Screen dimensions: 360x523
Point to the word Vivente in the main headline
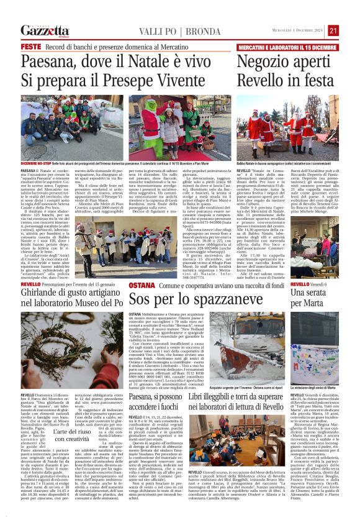click(171, 80)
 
